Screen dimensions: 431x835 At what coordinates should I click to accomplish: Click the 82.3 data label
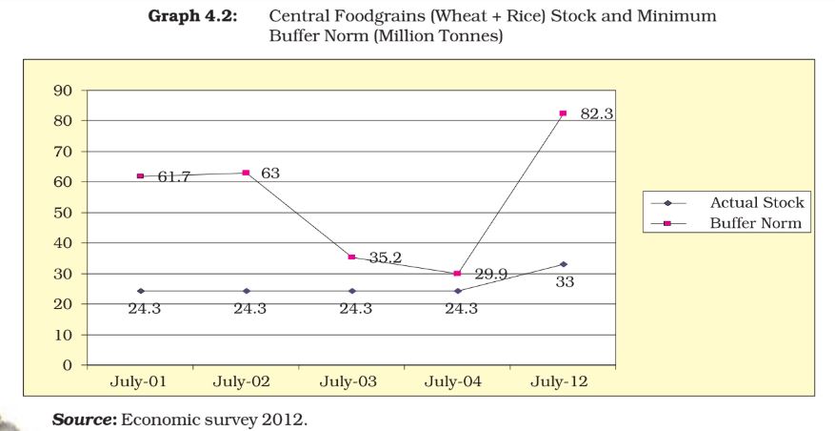coord(597,113)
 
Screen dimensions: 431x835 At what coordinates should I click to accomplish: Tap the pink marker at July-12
coord(563,113)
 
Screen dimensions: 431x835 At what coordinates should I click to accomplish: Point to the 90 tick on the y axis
coord(64,91)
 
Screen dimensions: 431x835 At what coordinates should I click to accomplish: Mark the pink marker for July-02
coord(246,173)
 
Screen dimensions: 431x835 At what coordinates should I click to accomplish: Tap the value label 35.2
coord(385,257)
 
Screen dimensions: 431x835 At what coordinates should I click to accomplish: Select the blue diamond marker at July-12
coord(563,264)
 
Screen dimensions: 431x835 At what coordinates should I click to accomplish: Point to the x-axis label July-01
coord(140,381)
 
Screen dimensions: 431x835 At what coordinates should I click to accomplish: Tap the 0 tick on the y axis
coord(68,365)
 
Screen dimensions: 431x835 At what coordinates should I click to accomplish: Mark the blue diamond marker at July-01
coord(141,291)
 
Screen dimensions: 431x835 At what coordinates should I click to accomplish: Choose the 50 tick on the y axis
coord(64,213)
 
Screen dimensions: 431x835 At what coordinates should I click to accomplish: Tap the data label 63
coord(269,173)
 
